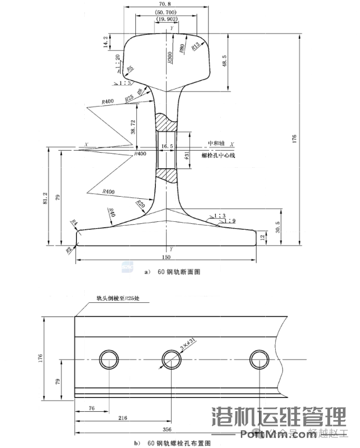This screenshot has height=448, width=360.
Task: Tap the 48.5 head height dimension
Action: [238, 61]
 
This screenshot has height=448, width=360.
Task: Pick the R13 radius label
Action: [196, 47]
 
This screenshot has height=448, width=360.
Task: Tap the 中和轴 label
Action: [216, 144]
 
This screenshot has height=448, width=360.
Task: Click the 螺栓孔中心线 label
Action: [219, 156]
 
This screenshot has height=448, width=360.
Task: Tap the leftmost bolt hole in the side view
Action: [108, 360]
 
